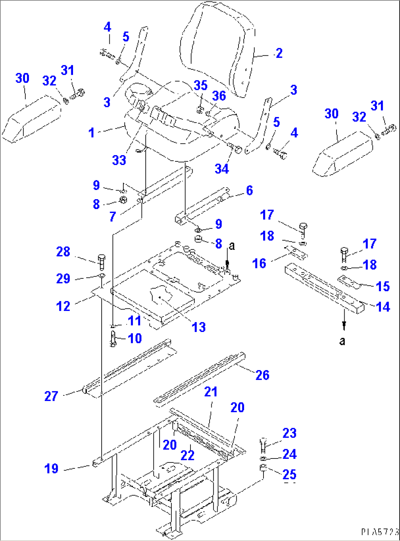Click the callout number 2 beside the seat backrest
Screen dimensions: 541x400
(x=279, y=54)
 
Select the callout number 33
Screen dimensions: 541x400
(x=119, y=160)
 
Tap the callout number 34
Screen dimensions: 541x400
(x=222, y=169)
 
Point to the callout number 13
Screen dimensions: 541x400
(x=199, y=327)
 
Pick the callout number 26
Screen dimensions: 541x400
(x=262, y=375)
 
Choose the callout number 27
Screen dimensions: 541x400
(x=51, y=396)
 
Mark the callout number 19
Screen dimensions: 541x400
(x=51, y=468)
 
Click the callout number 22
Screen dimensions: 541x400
(x=187, y=455)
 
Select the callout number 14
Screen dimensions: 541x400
(x=383, y=307)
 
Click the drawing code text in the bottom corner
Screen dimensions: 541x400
(x=379, y=531)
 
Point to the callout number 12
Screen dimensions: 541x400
(x=63, y=306)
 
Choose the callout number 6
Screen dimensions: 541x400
(x=250, y=190)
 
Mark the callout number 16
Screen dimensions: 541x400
(x=259, y=263)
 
